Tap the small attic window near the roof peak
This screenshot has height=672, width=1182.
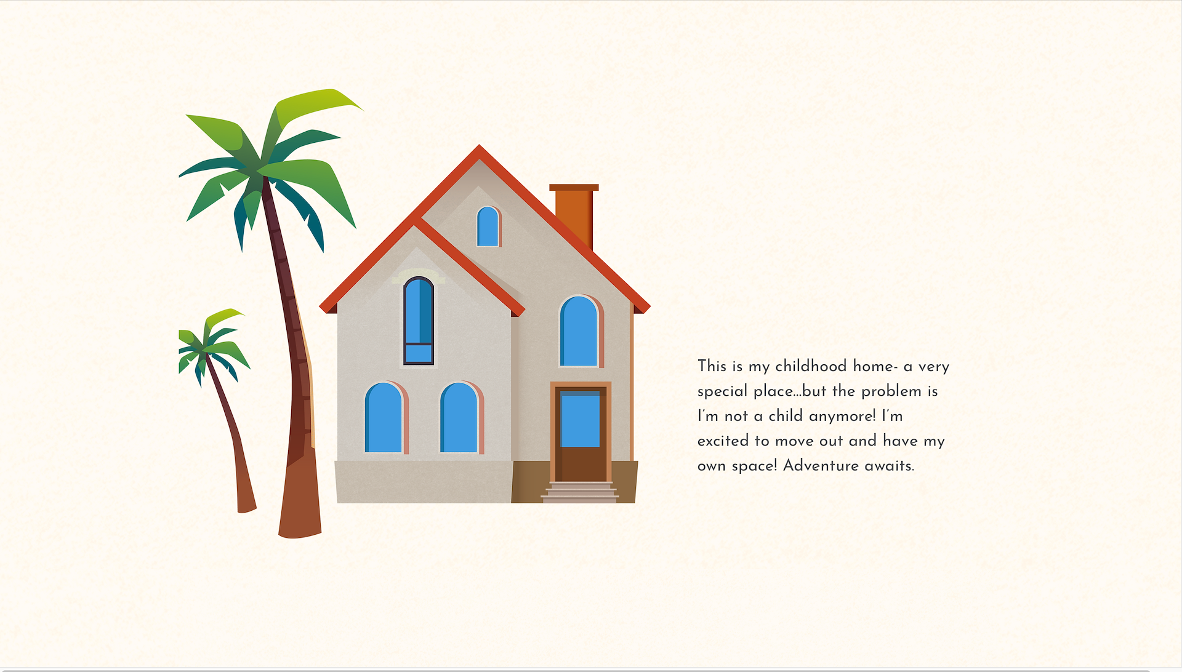click(488, 226)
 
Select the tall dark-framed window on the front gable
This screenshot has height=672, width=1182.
click(419, 321)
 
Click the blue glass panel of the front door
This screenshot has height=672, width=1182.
click(580, 419)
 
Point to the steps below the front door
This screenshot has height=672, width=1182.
click(579, 492)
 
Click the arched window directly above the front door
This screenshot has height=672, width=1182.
click(580, 331)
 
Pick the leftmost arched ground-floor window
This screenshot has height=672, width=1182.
click(385, 418)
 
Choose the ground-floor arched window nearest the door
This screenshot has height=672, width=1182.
click(460, 418)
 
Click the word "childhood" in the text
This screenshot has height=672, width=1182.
click(811, 366)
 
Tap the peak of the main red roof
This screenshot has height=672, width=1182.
click(479, 146)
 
